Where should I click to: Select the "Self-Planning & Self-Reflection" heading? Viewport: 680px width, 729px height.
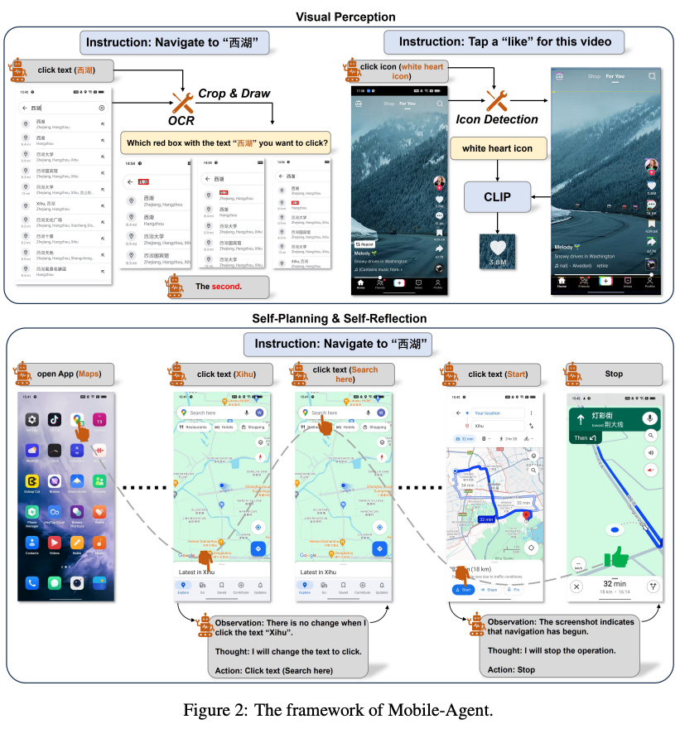pos(340,318)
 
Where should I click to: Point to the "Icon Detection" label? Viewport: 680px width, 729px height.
pos(497,120)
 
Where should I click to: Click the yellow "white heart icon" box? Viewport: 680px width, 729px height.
pos(497,149)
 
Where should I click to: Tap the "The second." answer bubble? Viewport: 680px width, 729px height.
pos(219,287)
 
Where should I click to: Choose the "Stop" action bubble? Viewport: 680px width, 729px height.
pos(614,374)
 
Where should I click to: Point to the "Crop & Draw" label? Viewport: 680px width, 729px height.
pos(234,94)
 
